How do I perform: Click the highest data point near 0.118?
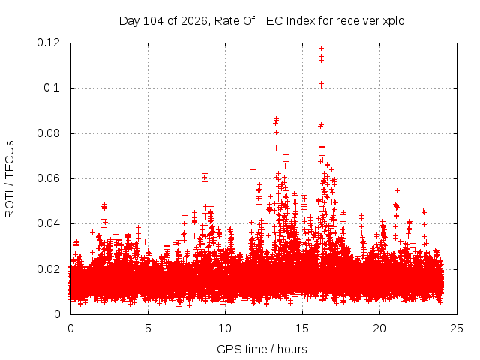coord(321,48)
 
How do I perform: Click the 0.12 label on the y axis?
coord(48,43)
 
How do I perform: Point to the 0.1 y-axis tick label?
coord(52,88)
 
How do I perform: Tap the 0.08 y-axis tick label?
coord(48,133)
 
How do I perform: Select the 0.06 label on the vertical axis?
coord(48,178)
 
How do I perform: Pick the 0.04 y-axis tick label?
coord(48,223)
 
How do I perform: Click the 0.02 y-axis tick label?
coord(48,269)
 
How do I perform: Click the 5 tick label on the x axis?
coord(148,328)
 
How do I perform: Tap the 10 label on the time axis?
coord(225,328)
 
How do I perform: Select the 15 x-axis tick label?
coord(302,328)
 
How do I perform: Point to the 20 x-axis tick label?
coord(379,328)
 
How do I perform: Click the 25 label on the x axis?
coord(457,328)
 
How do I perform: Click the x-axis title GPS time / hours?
coord(262,349)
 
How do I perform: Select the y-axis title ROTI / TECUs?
coord(10,179)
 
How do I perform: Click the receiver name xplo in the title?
coord(393,21)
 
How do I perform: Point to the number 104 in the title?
coord(153,21)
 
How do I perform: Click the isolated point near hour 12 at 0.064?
coord(253,169)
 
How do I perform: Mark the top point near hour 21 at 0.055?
coord(397,190)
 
